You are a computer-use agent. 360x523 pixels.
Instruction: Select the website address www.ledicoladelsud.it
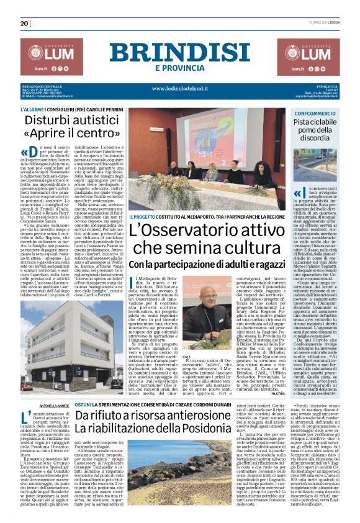coord(179,88)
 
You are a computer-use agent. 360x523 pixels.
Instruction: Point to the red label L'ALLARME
coord(35,109)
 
